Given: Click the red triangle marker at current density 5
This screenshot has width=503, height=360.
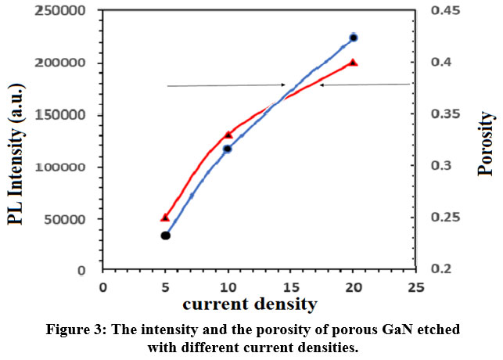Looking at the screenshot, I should [165, 217].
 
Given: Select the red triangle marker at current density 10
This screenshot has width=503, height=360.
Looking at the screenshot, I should [228, 135].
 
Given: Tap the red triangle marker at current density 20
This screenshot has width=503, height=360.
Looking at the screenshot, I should [354, 62].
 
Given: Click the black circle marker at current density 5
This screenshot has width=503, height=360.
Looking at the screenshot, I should [165, 236].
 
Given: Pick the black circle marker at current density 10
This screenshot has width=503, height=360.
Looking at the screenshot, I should [228, 149].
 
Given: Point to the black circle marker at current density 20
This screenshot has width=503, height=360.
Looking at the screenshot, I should [354, 38].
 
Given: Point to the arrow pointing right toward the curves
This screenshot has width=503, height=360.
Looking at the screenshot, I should [226, 85].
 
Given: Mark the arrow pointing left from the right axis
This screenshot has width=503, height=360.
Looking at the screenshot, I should [364, 85].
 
